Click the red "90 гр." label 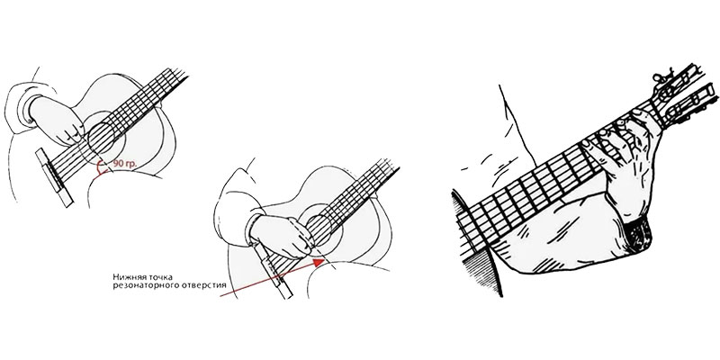pos(125,164)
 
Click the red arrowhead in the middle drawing pos(319,262)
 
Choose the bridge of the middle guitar pos(273,271)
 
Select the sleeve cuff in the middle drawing pos(252,229)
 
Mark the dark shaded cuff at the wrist pos(639,233)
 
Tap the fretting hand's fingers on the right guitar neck pos(611,138)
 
